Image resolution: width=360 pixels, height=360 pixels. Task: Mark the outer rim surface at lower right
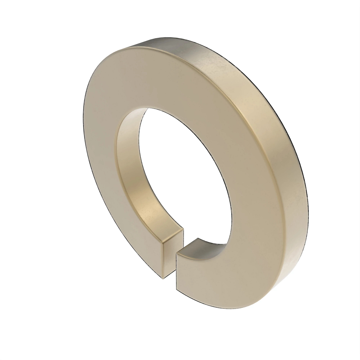click(288, 255)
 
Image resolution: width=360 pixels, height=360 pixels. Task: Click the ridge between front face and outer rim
click(249, 120)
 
